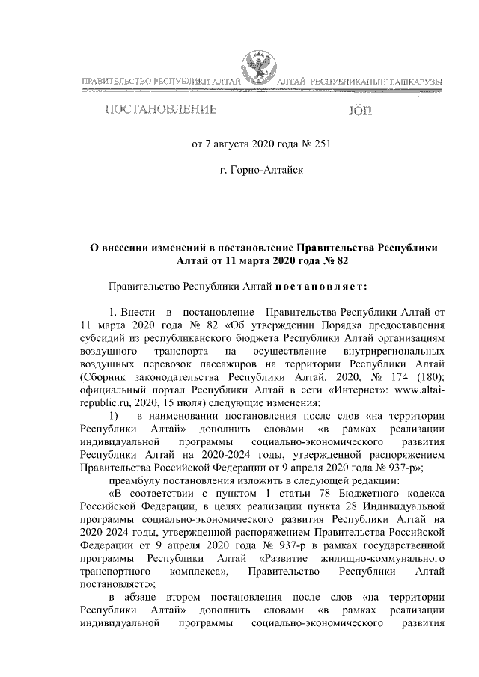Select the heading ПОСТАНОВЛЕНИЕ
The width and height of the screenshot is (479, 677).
(161, 111)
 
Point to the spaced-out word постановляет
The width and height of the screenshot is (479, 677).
(320, 285)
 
